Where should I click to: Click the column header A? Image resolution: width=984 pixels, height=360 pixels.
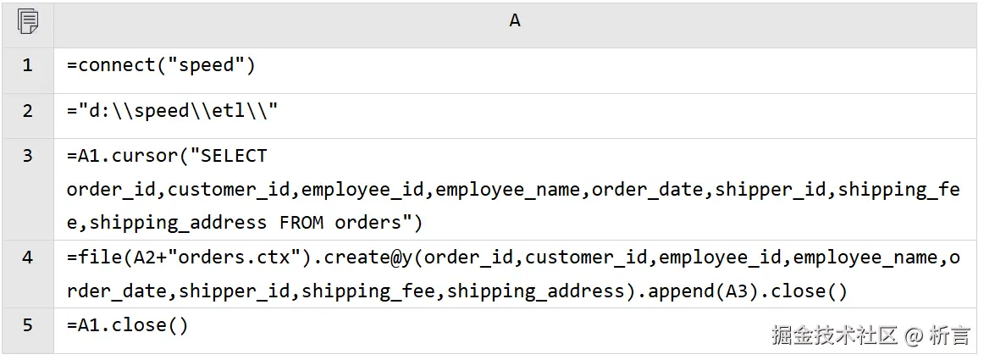(x=514, y=21)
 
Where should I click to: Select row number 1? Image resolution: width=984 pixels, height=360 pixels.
(x=27, y=65)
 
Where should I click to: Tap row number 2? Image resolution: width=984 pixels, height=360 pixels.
(x=27, y=111)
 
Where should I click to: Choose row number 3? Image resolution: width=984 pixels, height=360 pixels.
(x=27, y=156)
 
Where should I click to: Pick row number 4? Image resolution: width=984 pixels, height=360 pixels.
(x=27, y=258)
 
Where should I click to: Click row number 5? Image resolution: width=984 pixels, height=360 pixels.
(x=27, y=325)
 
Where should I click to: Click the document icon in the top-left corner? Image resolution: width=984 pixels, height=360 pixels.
(x=27, y=21)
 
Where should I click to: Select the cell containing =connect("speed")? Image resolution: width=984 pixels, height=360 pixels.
(x=161, y=65)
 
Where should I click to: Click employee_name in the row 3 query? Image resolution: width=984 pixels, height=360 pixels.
(x=508, y=190)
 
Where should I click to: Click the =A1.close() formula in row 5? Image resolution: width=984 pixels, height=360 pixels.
(x=127, y=325)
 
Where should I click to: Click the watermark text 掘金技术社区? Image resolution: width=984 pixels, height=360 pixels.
(x=834, y=335)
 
